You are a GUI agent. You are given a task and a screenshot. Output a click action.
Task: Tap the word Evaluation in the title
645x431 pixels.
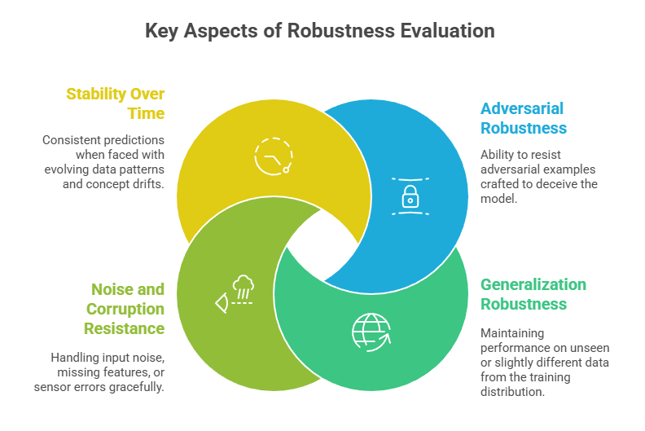[446, 31]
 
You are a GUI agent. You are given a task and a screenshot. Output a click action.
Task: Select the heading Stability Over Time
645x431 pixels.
[115, 103]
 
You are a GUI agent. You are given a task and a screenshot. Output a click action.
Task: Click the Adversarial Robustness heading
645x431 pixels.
[522, 118]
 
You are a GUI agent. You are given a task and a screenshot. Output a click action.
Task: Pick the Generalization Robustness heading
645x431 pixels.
[533, 294]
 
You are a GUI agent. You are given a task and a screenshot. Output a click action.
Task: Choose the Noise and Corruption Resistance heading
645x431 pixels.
[123, 309]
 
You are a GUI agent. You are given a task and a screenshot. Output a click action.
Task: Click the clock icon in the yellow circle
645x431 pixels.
[273, 156]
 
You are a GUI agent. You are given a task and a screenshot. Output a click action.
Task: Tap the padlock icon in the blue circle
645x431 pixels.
[410, 196]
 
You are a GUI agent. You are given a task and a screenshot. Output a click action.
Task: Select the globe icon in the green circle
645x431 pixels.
[371, 331]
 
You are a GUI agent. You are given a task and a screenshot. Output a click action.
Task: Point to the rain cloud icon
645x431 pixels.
[242, 287]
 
